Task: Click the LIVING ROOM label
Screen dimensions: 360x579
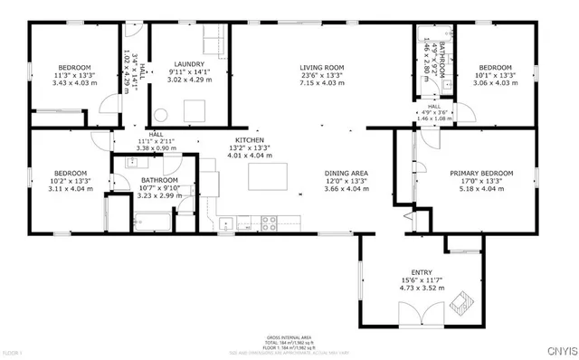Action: point(323,67)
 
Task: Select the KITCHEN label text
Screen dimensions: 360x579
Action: point(249,141)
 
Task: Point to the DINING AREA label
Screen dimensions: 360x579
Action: point(346,172)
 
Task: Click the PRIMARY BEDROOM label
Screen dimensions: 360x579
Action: point(481,172)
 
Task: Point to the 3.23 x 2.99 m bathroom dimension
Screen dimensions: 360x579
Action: point(160,195)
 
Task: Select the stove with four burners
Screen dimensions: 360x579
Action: point(271,220)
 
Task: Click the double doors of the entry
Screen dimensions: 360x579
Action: point(422,316)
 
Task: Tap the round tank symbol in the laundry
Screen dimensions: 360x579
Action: point(160,115)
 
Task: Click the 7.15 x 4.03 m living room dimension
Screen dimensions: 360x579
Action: point(323,83)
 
